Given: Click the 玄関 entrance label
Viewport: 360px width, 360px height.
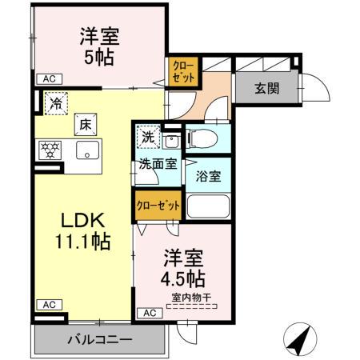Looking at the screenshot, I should pos(267,88).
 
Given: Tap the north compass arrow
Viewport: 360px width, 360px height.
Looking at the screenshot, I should pos(299,342).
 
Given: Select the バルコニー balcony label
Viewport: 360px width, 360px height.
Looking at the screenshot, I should pos(99,340).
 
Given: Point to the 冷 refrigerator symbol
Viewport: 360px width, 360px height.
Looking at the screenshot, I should pos(55,102).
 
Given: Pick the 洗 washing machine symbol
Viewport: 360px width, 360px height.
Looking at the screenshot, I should pos(147,136).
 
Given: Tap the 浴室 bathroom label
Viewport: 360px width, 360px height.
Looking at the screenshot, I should pos(209,176).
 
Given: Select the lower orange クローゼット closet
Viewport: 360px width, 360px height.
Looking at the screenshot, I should pos(158,205).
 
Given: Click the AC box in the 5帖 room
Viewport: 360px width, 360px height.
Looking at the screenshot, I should pos(50,78).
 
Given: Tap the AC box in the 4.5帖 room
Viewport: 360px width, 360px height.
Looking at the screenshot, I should pos(150,313).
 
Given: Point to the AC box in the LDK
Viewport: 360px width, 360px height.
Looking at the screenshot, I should pos(49,305).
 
